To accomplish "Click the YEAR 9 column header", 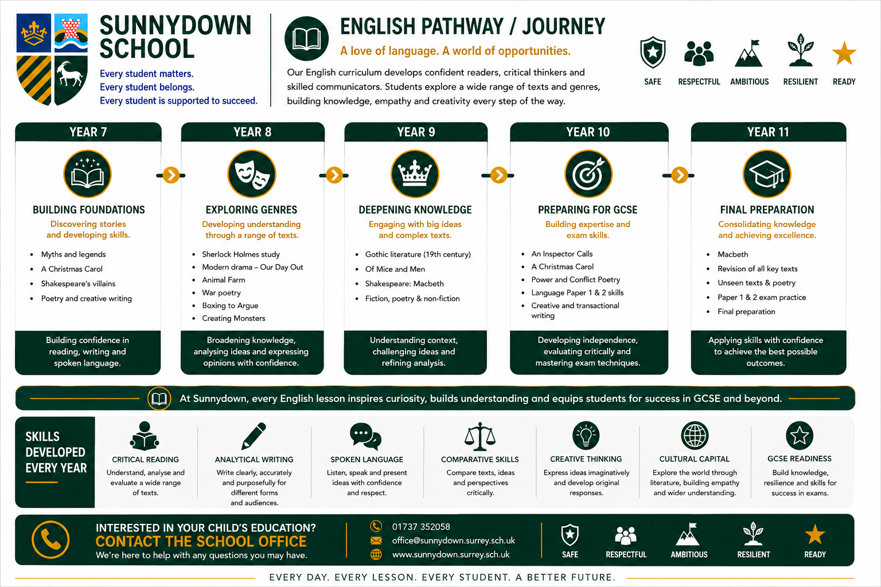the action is [416, 132].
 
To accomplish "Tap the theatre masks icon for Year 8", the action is [252, 174].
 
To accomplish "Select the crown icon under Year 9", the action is [415, 174].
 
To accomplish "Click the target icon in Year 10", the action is [588, 174].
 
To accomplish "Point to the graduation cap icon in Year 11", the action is [766, 174].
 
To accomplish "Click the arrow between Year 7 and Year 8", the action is [171, 175].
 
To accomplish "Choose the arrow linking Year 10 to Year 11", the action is [679, 175].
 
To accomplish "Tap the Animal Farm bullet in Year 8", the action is [223, 280].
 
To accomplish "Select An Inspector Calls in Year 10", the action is [562, 254].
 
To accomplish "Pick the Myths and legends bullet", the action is [73, 255].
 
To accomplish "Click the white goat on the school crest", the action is [71, 75].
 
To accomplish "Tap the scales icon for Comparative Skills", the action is [480, 436].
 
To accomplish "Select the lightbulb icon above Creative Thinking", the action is [586, 436].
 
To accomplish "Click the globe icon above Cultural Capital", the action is [695, 436].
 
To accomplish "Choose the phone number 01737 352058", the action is [421, 527].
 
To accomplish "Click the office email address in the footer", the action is [454, 541].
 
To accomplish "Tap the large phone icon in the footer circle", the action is [50, 540].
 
